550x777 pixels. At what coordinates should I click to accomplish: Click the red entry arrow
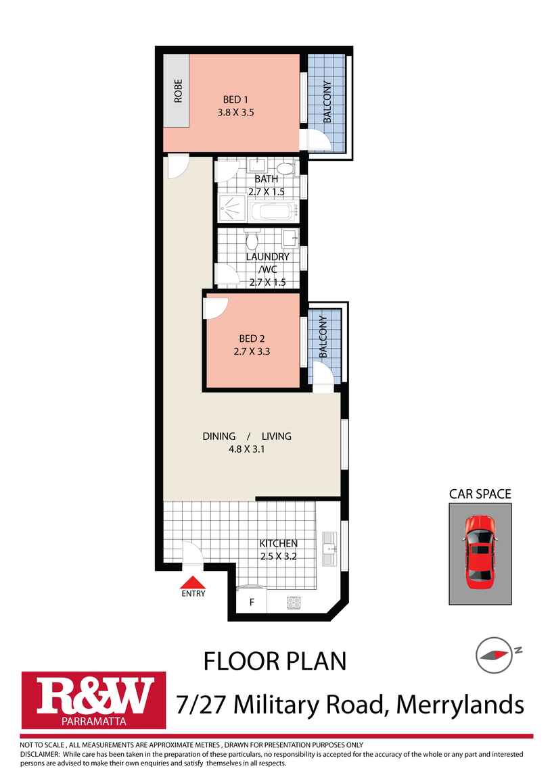[193, 582]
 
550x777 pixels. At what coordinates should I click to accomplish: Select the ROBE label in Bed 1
[178, 91]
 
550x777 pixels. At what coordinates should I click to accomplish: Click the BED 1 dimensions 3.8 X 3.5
[235, 114]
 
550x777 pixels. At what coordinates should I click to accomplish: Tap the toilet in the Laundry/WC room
[252, 241]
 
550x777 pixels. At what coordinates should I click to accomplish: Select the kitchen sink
[331, 548]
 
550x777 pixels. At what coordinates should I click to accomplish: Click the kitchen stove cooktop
[294, 601]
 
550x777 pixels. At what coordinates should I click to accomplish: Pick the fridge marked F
[252, 602]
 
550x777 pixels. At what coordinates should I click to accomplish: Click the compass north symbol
[492, 653]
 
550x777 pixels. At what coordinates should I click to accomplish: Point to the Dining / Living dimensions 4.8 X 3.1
[247, 448]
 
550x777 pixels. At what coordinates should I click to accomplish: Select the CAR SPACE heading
[480, 494]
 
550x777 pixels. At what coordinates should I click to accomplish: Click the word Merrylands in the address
[459, 705]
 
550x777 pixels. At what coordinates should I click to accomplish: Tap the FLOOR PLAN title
[275, 661]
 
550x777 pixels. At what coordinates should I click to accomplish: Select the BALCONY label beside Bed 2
[323, 336]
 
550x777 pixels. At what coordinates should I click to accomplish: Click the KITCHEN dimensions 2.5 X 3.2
[279, 557]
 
